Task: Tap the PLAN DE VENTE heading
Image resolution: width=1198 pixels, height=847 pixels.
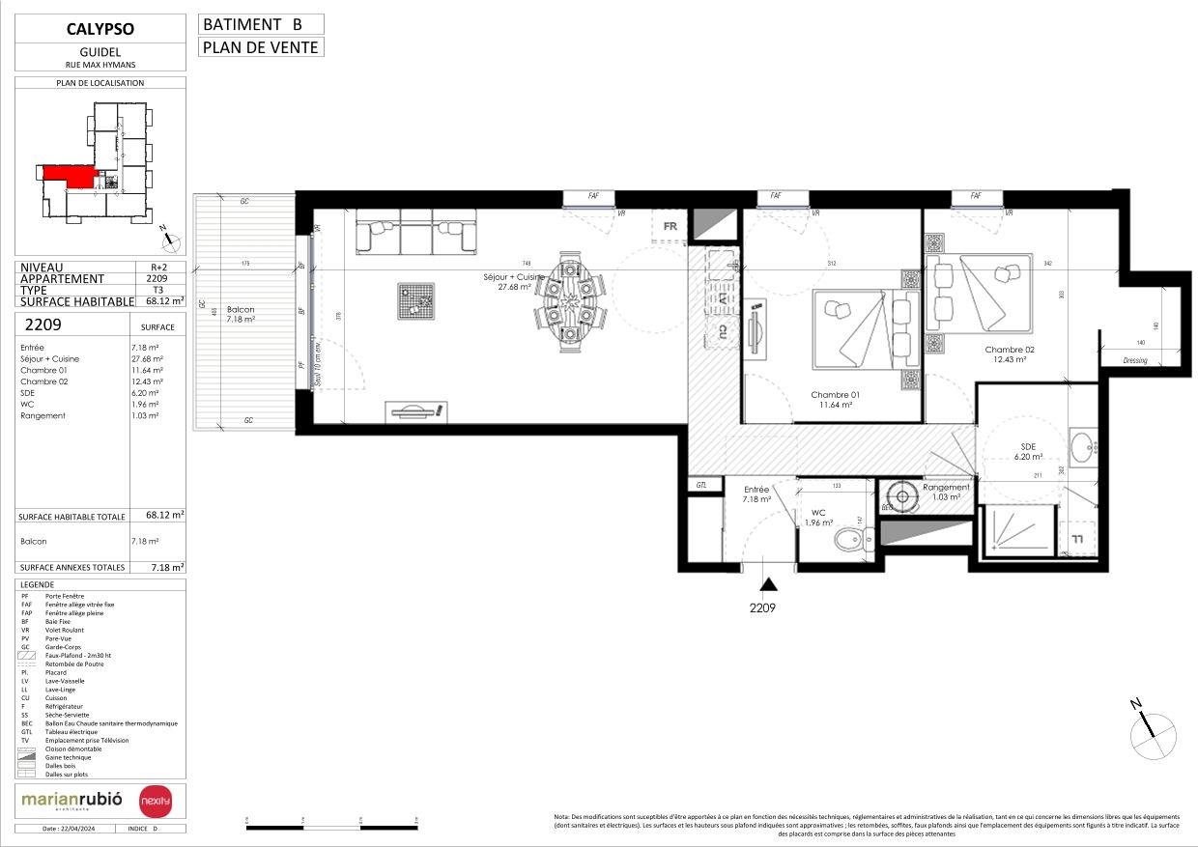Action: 261,47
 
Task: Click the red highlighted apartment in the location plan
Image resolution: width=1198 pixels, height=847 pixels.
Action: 69,176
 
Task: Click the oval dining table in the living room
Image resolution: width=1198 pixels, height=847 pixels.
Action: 567,300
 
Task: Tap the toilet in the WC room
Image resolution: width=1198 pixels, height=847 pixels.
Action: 847,541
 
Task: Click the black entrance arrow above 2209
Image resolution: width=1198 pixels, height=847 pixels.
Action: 769,583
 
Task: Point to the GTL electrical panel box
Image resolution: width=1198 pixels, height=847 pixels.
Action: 701,485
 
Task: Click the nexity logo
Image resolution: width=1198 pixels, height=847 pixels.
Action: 156,802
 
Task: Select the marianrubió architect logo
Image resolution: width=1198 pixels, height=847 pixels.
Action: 73,801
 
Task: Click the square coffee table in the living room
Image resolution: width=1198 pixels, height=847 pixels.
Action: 417,300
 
